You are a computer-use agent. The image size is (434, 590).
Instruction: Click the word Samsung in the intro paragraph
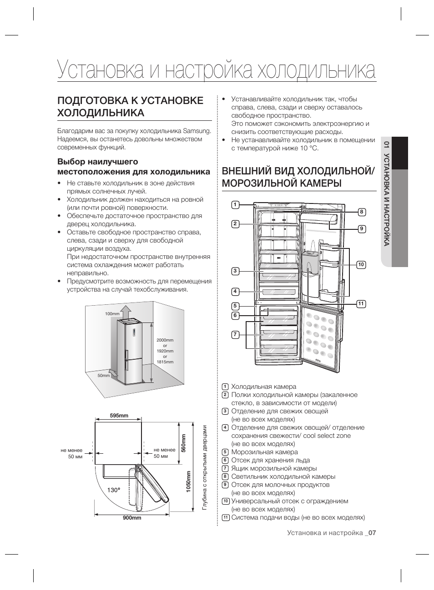(197, 131)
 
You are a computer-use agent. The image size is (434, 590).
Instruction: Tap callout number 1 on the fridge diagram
(235, 204)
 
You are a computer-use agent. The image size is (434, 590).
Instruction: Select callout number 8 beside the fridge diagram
(362, 212)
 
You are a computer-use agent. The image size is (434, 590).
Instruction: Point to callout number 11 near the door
(361, 304)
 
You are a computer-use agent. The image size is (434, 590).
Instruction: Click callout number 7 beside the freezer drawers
(235, 335)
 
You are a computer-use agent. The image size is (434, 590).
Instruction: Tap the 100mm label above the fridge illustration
(112, 314)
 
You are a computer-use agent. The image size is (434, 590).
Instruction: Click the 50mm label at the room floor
(104, 376)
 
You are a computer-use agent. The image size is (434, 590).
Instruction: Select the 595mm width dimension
(119, 416)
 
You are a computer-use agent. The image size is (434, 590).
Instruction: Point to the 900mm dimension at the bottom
(132, 518)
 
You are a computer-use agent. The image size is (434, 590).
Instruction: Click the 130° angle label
(114, 490)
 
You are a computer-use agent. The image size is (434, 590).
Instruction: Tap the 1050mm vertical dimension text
(188, 484)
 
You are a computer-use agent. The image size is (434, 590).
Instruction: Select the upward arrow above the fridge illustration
(128, 311)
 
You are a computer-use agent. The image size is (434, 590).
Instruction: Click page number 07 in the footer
(372, 533)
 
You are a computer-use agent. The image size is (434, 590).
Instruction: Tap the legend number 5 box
(225, 452)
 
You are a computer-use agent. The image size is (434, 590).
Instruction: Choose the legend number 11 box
(225, 517)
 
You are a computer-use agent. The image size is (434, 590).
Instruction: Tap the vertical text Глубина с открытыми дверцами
(205, 467)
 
